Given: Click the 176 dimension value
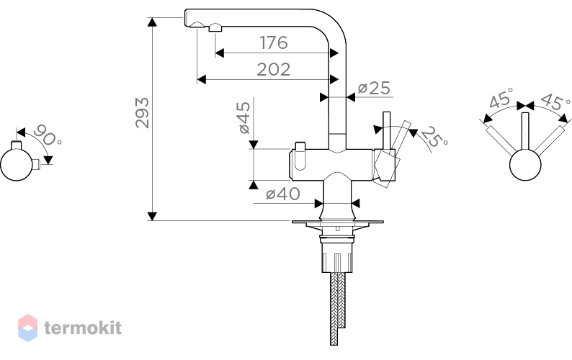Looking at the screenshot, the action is coord(274,42).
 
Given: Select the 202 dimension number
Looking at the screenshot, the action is coord(274,69).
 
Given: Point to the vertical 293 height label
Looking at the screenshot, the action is coord(142,113).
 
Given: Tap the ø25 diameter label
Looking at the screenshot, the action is coord(374,88).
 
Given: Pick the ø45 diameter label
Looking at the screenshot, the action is coord(244,117).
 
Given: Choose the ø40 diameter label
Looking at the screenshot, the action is coord(283,194).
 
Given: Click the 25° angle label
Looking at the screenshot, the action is coord(434,137).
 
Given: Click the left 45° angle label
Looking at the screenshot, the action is coord(501,98).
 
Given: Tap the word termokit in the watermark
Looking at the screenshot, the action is coord(83,328).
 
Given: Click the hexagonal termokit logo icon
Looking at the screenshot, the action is coord(27,328).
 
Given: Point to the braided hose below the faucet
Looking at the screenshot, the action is coord(337,308).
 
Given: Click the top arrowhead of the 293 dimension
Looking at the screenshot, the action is coord(152,22).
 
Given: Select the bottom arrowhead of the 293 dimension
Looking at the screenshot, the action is coord(152,216).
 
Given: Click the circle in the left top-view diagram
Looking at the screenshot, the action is coord(16,164).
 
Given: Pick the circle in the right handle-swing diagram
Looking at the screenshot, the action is coord(525,165).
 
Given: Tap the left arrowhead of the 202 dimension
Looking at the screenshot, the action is coord(202,79).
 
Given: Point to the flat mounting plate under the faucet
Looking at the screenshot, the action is coord(337,222).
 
